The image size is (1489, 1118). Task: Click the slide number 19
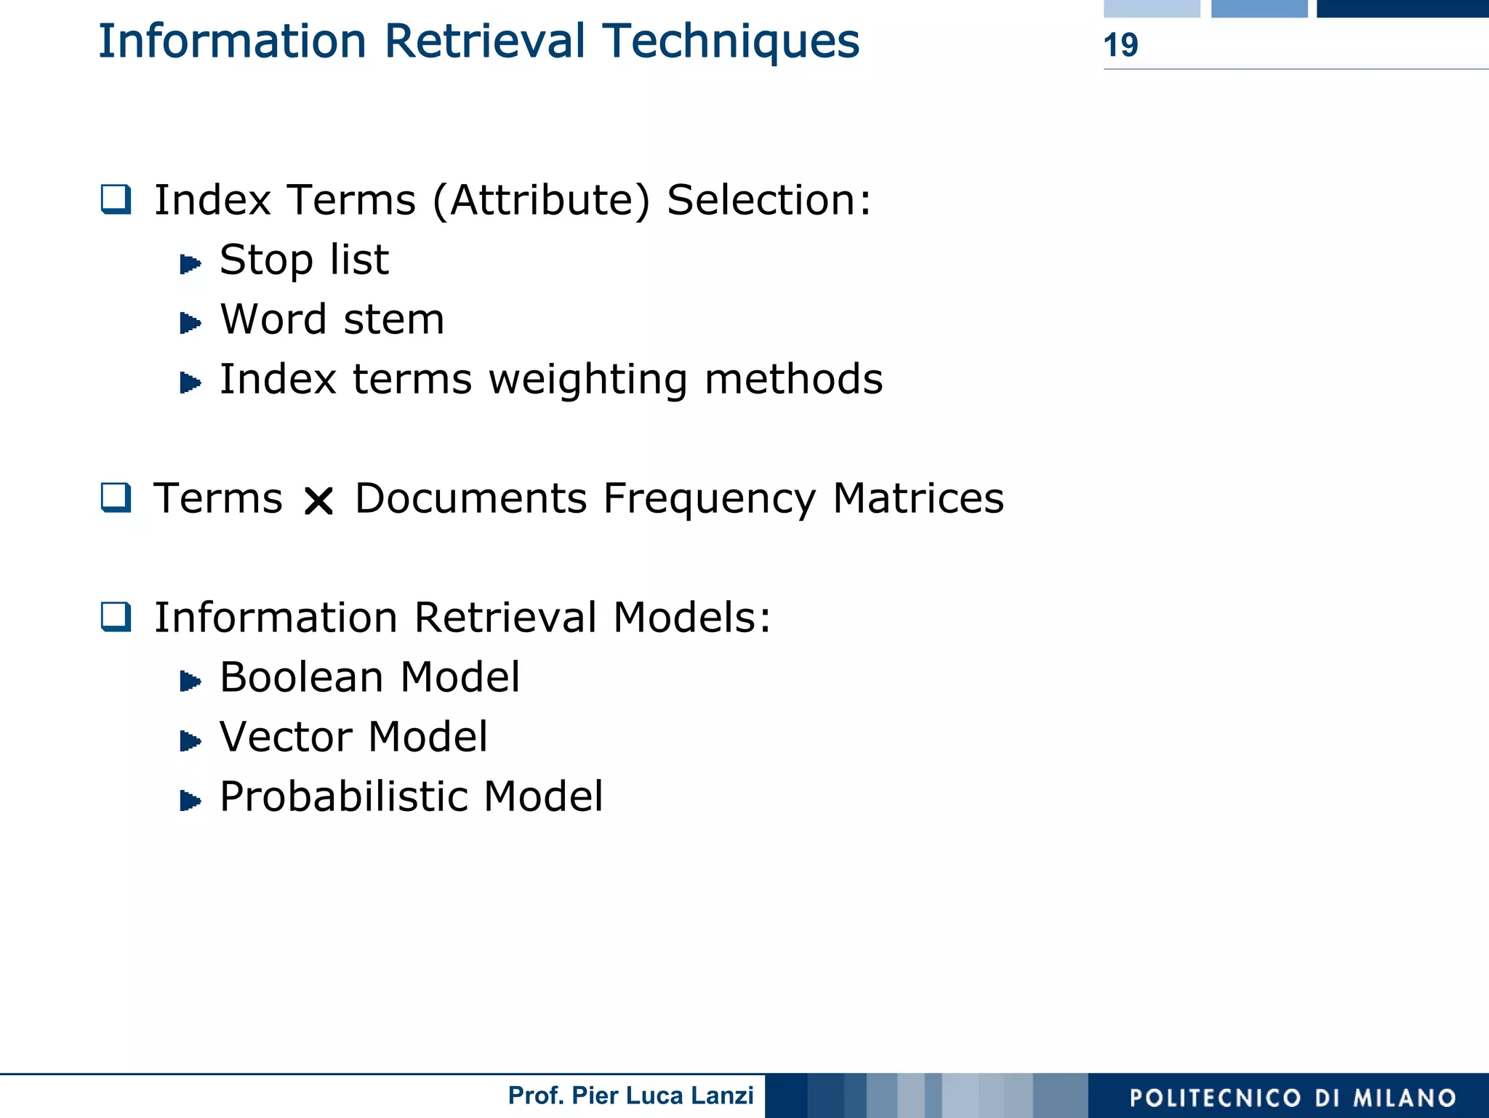1120,45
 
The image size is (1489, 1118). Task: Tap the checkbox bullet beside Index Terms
116,199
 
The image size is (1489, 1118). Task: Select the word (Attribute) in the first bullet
541,200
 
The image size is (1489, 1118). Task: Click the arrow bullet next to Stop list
190,263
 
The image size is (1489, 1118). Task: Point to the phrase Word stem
332,319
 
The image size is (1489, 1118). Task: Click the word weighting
587,380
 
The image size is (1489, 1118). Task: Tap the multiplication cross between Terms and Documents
318,500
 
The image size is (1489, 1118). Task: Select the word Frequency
710,500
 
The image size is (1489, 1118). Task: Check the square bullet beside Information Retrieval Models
116,617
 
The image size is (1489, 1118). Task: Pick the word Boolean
302,677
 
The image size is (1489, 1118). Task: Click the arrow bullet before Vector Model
190,740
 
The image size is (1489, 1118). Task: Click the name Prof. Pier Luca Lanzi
630,1095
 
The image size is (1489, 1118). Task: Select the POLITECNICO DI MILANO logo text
1293,1097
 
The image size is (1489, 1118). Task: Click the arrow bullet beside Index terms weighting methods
190,382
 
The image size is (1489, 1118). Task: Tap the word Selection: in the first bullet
768,200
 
